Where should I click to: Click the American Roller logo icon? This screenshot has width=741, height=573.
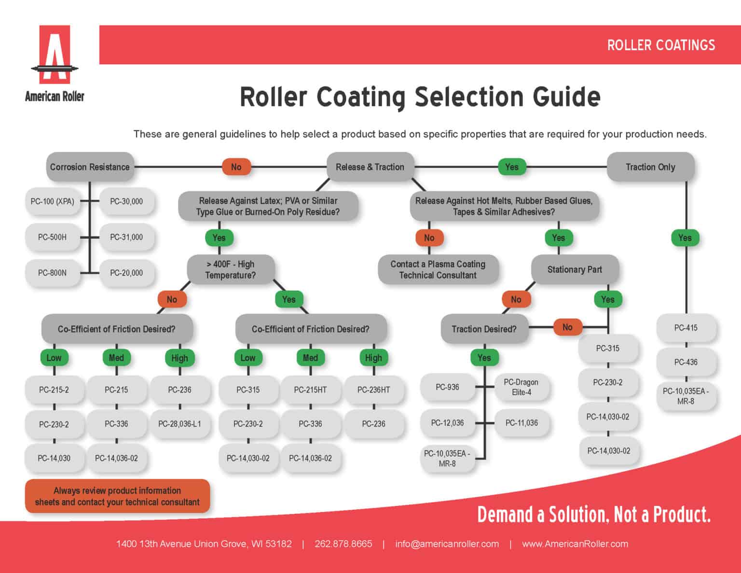tap(55, 54)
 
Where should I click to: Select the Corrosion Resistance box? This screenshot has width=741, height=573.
tap(90, 167)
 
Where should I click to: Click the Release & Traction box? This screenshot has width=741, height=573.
tap(370, 167)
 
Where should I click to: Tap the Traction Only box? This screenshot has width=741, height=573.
tap(650, 167)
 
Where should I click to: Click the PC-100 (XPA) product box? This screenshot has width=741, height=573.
tap(52, 201)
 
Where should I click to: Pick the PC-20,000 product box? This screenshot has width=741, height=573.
tap(126, 273)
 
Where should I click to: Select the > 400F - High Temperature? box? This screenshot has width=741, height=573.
tap(231, 269)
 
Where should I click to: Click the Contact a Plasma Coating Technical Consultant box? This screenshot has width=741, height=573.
tap(438, 269)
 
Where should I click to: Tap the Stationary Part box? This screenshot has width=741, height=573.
tap(575, 269)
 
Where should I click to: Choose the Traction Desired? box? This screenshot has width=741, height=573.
tap(484, 329)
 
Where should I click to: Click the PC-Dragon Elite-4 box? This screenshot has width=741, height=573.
tap(521, 387)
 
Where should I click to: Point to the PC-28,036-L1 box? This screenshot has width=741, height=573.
tap(179, 424)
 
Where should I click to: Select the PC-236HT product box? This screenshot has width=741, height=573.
tap(373, 390)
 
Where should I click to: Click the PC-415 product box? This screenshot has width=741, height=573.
tap(686, 328)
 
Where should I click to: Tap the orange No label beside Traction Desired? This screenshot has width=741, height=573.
tap(567, 327)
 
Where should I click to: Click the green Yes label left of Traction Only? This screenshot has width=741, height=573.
tap(512, 167)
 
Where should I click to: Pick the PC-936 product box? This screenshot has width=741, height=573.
tap(447, 387)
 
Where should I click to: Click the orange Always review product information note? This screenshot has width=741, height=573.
tap(117, 496)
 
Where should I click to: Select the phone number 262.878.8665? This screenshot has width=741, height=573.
tap(343, 544)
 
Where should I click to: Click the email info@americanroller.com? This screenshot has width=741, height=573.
tap(447, 544)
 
